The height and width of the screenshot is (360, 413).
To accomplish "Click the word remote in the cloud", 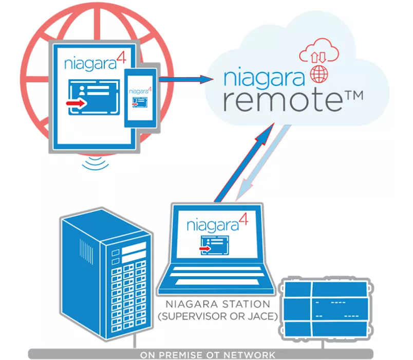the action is click(x=283, y=100).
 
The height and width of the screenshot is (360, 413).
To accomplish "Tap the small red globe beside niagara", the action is click(x=319, y=74).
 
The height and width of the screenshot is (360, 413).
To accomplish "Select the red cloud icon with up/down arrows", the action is click(x=319, y=50).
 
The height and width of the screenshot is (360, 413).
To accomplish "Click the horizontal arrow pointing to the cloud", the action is click(x=186, y=79).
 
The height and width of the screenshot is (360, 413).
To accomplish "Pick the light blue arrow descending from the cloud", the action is click(x=264, y=163).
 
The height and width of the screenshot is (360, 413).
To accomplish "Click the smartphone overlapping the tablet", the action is click(x=141, y=98).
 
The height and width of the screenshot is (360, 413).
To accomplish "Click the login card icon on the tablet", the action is click(x=93, y=97).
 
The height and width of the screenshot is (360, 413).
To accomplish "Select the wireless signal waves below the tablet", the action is click(x=95, y=163).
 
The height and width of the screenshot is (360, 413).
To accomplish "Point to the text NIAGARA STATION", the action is click(x=218, y=304).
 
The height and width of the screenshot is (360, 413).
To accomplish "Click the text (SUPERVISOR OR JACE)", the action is click(x=218, y=316).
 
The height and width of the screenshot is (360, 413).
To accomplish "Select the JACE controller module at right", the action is click(x=326, y=309).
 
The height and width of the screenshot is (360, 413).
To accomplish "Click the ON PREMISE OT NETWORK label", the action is click(x=208, y=355).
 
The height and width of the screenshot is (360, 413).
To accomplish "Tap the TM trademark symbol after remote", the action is click(x=354, y=95).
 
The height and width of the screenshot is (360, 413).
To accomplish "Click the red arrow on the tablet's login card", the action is click(x=76, y=103).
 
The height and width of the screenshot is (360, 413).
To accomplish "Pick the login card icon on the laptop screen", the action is click(x=214, y=245).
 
